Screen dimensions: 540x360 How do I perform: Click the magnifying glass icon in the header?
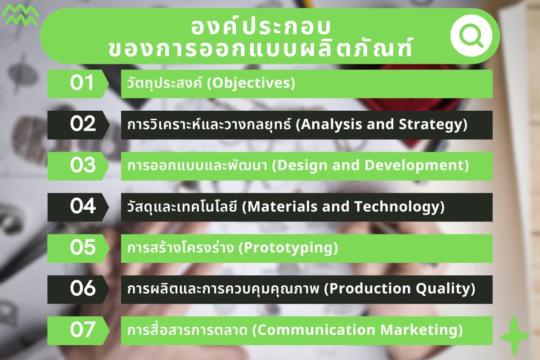pyautogui.click(x=471, y=36)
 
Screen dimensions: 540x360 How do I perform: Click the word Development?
pyautogui.click(x=414, y=166)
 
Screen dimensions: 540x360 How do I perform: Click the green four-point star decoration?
pyautogui.click(x=514, y=336)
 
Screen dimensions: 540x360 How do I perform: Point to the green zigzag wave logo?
pyautogui.click(x=20, y=15)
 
